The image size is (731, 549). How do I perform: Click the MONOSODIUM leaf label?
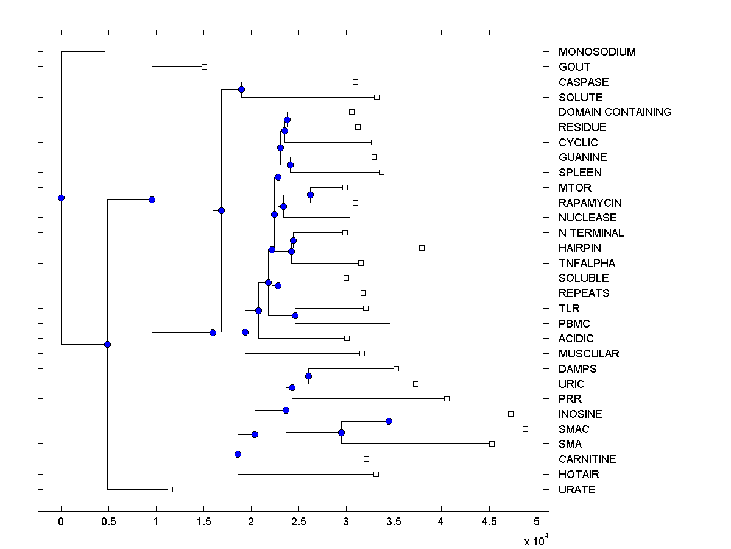[596, 52]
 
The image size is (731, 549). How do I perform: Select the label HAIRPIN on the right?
[579, 248]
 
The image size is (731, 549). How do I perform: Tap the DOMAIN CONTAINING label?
[615, 112]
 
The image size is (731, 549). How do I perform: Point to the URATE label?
[576, 490]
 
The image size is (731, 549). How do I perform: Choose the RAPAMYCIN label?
[590, 203]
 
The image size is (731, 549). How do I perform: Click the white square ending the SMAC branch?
[525, 429]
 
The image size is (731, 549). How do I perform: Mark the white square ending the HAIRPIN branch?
[422, 248]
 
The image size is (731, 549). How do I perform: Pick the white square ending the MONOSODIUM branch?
[107, 51]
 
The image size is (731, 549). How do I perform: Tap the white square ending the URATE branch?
[170, 489]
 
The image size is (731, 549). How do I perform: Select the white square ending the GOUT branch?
[204, 66]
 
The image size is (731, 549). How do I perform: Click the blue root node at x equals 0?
[61, 198]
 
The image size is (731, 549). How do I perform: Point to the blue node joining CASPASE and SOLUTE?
[241, 90]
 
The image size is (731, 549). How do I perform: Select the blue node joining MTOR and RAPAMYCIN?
[310, 195]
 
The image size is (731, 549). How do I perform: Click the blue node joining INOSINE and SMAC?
[389, 421]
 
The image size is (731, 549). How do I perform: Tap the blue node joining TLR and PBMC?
[295, 315]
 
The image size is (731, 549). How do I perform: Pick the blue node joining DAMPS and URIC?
[309, 376]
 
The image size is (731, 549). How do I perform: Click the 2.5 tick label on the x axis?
[298, 522]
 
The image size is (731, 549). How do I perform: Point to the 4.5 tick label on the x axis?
[489, 522]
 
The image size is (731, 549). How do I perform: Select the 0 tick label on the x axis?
[61, 522]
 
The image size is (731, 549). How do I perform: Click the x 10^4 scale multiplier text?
[537, 540]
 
